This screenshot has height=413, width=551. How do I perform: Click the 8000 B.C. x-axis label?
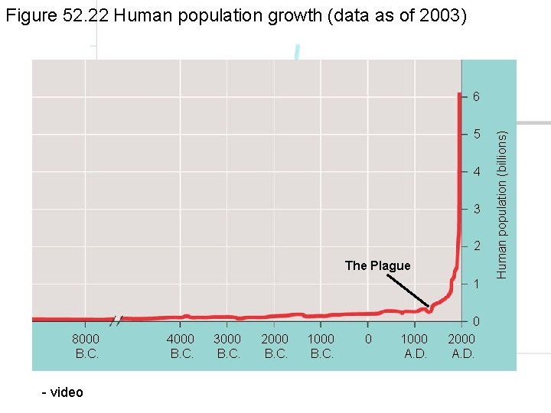[x=86, y=346]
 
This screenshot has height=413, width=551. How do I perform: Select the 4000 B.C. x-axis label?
[x=181, y=346]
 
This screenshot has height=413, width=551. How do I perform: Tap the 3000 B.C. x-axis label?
[x=228, y=346]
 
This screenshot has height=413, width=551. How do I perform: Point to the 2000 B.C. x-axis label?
[x=275, y=346]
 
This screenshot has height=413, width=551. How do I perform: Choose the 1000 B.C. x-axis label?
[x=321, y=346]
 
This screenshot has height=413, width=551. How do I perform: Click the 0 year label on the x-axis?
[x=368, y=339]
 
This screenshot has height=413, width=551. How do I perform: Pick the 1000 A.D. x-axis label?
[x=416, y=346]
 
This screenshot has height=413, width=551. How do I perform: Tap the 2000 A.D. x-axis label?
[x=462, y=346]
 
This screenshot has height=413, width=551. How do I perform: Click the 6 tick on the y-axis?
[x=476, y=97]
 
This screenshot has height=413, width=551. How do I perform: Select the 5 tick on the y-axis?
[x=476, y=135]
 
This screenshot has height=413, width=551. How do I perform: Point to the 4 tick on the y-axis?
[x=476, y=171]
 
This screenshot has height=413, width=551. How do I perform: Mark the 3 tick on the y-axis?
[x=476, y=209]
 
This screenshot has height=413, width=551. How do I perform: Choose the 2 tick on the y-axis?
[x=476, y=246]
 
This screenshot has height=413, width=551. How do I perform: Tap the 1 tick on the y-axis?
[x=476, y=284]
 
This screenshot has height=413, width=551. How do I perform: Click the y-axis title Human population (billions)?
[x=502, y=204]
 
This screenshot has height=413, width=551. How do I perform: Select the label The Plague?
[x=377, y=266]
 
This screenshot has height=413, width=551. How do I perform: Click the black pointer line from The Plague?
[x=407, y=291]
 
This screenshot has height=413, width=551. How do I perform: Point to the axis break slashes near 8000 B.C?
[x=117, y=319]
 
